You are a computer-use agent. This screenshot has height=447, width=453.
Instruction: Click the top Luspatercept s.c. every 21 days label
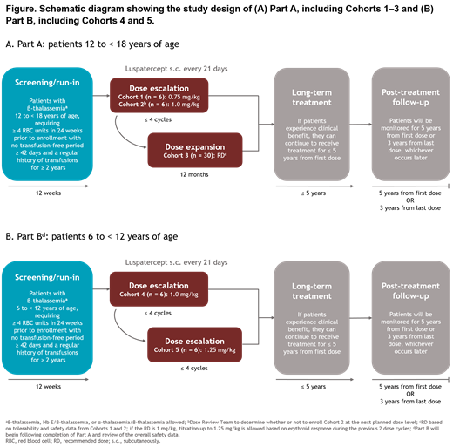click(x=174, y=67)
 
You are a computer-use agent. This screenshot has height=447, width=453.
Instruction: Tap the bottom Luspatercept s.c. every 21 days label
click(x=174, y=261)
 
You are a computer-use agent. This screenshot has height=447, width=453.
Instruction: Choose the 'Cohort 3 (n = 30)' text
click(x=181, y=157)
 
